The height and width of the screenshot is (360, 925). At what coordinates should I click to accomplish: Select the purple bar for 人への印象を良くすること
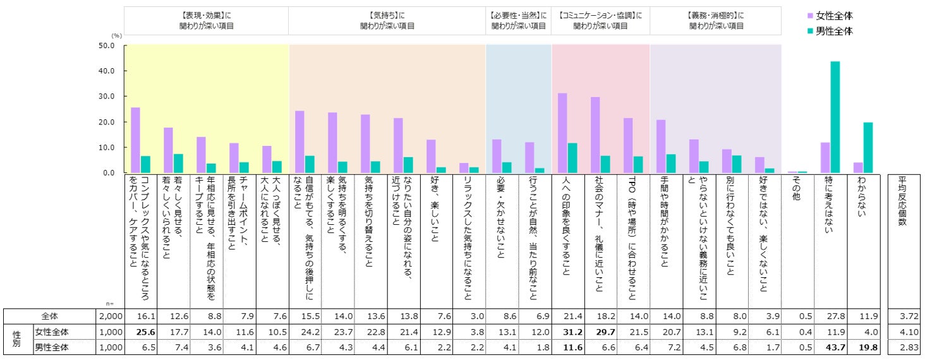(x=562, y=133)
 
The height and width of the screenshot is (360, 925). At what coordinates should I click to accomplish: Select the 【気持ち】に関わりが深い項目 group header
(x=387, y=20)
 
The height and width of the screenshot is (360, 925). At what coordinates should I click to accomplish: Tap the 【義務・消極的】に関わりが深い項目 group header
(x=715, y=20)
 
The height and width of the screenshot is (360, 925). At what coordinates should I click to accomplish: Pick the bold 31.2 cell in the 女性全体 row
(x=562, y=331)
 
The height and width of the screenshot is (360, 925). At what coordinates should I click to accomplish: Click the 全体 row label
(x=49, y=315)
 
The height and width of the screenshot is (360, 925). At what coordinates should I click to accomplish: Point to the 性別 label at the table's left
(x=16, y=339)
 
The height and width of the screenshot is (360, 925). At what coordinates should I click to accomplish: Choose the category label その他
(x=794, y=189)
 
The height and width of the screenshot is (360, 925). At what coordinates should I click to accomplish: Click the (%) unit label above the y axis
(x=117, y=36)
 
